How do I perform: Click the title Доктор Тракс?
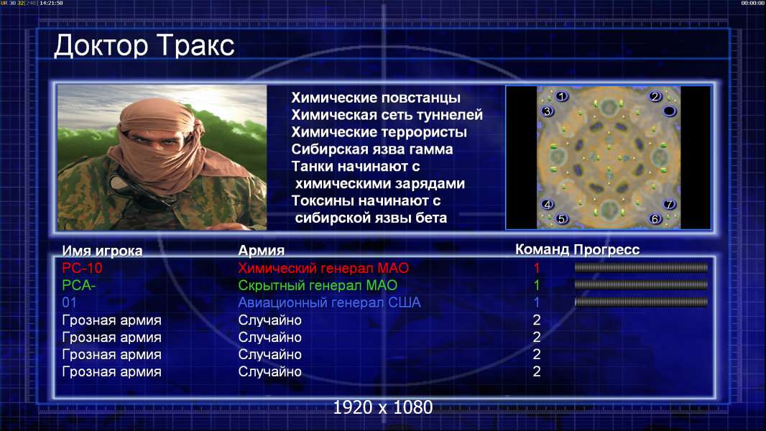144,46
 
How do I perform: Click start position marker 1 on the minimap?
561,96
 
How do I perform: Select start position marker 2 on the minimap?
655,96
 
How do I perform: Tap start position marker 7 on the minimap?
669,204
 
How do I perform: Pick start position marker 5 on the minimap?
561,218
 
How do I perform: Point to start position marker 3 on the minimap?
547,111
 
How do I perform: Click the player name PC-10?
82,268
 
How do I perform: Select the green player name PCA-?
78,285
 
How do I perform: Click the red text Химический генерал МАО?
323,268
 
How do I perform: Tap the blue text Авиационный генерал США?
329,302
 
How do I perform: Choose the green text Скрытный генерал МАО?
318,285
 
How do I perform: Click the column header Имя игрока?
102,251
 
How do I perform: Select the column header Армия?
262,251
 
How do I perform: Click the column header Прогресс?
606,250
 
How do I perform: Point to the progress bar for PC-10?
641,267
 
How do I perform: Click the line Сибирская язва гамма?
372,149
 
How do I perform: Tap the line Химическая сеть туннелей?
387,115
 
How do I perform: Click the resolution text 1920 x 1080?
383,407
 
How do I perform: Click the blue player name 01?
70,302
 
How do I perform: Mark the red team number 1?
537,268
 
